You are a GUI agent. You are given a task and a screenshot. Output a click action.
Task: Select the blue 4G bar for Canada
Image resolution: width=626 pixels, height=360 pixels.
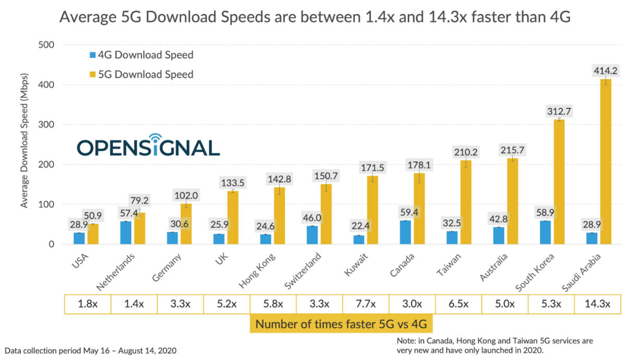[405, 232]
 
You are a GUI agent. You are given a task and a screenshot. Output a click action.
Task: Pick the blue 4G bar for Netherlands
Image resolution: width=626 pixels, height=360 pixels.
[126, 233]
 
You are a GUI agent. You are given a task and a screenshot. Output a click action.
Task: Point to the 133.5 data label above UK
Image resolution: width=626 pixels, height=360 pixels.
[232, 183]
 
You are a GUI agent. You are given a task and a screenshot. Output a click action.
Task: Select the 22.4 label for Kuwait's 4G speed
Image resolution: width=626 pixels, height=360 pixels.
[359, 226]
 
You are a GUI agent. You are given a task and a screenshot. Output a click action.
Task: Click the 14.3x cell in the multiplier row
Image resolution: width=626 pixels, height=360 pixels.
[597, 305]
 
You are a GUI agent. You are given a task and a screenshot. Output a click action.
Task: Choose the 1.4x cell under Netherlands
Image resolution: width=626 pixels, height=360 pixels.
[134, 305]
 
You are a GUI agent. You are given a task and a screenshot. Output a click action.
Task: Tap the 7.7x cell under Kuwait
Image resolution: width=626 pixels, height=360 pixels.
[366, 305]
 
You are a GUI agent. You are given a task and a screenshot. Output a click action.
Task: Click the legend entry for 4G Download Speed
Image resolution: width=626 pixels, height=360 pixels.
[141, 55]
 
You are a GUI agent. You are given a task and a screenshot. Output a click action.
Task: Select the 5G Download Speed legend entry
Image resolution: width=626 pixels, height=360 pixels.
[141, 74]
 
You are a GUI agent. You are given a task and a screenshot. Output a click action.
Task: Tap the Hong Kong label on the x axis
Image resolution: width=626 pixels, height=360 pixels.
[257, 270]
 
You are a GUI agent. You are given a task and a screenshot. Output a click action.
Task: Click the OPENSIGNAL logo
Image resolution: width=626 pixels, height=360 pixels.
[148, 146]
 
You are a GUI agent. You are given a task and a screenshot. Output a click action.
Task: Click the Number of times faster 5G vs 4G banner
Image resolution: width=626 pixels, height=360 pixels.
[342, 324]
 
